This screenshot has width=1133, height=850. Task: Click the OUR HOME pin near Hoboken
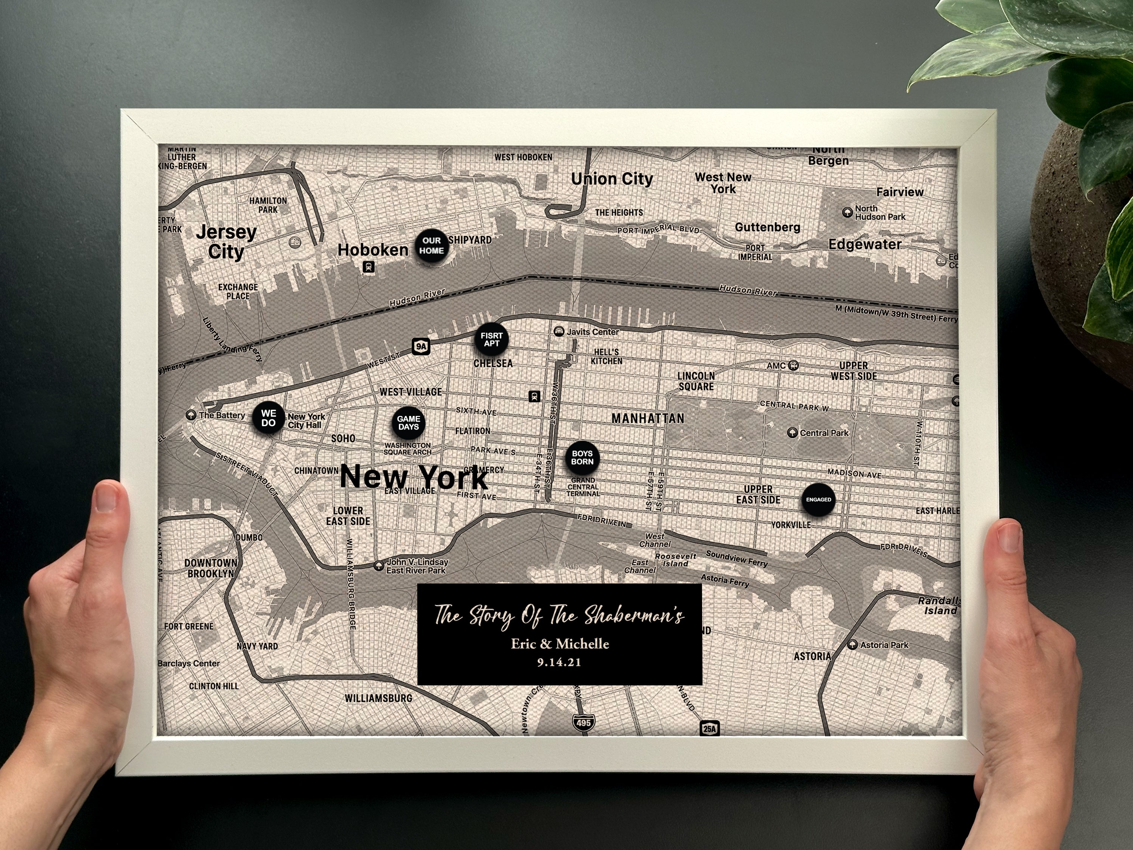coord(431,246)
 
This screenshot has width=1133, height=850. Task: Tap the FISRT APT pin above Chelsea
coord(491,340)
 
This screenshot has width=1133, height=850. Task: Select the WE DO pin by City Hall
coord(269,418)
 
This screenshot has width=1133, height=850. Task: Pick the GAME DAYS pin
coord(408,423)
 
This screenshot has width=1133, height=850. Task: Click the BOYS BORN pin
coord(582,457)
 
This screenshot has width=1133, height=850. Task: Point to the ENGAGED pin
coord(818,499)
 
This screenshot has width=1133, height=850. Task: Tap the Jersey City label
coord(226,242)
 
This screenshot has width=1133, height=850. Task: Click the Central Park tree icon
coord(792,433)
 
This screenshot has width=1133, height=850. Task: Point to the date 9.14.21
coord(559,663)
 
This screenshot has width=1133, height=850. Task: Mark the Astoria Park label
coord(884,645)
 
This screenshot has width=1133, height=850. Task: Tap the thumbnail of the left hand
coord(107,497)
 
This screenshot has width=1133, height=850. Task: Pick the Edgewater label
coord(864,244)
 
